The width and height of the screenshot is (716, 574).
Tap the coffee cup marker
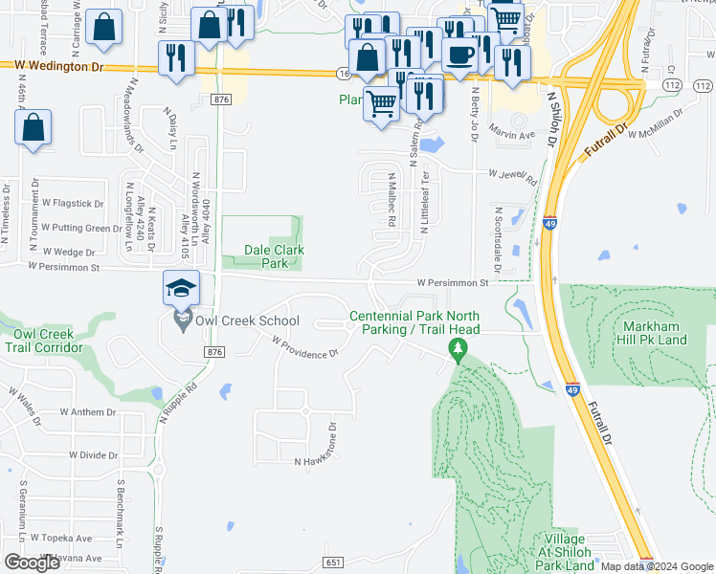(459, 55)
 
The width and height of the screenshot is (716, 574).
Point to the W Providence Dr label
(304, 347)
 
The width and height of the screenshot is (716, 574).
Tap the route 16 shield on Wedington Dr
(345, 73)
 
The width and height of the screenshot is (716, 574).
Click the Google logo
(33, 563)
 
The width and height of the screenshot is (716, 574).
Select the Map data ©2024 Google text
(657, 565)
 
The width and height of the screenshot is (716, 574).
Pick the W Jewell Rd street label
(512, 175)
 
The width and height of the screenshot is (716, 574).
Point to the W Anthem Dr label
(87, 412)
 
